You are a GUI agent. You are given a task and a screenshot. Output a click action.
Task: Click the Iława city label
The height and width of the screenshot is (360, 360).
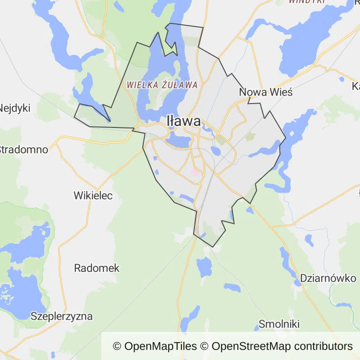[x=184, y=121]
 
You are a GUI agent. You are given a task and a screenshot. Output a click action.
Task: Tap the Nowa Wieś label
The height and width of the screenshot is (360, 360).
[x=266, y=92]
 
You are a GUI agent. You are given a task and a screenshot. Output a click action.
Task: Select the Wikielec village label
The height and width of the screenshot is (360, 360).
[x=93, y=195]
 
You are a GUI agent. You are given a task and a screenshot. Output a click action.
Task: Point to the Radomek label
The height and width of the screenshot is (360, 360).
[x=97, y=269]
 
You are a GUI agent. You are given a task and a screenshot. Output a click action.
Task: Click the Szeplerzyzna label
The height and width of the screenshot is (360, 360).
[x=61, y=316]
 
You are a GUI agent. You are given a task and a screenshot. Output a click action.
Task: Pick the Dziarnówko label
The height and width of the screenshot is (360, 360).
[x=328, y=278]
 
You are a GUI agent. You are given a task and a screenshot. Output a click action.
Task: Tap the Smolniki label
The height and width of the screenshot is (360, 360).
[x=279, y=324]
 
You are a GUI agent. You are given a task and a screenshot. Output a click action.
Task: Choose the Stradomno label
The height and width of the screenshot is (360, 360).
[x=23, y=150]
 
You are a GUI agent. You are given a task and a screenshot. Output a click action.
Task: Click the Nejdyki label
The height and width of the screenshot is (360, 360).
[x=15, y=108]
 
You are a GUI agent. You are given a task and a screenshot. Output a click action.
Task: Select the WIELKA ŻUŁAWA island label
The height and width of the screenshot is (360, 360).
[x=162, y=85]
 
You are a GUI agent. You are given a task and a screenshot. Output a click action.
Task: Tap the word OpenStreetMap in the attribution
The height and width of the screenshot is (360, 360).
[x=251, y=346]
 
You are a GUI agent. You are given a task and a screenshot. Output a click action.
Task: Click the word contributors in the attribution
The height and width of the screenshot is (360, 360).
[x=322, y=346]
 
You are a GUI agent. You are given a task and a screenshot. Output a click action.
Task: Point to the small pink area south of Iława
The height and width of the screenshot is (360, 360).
[x=195, y=172]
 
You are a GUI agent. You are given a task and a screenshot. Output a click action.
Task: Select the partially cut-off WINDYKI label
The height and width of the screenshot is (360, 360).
[x=307, y=1]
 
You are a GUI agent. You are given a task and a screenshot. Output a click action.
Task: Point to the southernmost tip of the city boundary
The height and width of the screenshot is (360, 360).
[x=213, y=247]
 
